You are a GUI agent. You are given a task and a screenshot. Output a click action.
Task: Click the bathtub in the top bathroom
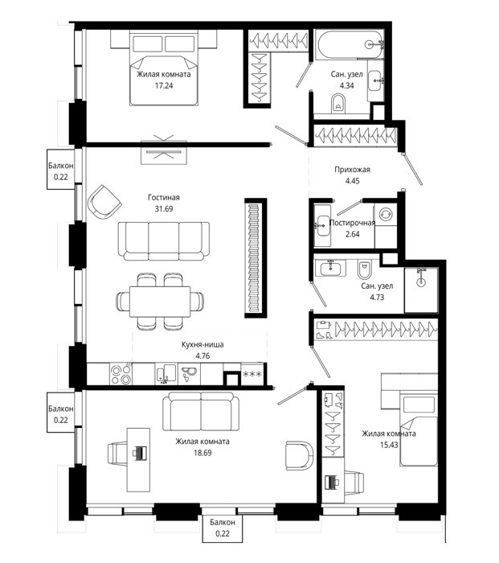(x=350, y=45)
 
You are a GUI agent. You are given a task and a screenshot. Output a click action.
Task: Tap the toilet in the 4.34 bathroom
(x=338, y=104)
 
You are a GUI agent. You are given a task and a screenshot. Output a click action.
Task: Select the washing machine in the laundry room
(x=385, y=215)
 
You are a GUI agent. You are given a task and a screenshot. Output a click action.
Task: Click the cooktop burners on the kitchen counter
(x=121, y=374)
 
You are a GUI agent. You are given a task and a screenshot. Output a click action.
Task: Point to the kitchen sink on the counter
(x=166, y=373)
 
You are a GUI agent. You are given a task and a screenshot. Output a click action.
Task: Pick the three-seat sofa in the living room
(x=164, y=240)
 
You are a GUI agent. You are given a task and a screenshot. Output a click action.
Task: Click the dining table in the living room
(x=160, y=302)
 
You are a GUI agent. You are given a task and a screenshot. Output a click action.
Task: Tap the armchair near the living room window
(x=104, y=203)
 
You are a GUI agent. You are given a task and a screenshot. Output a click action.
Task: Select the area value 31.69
(x=164, y=208)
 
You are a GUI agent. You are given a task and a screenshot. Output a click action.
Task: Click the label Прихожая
(x=352, y=170)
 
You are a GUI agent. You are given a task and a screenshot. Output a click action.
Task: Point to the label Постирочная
(x=352, y=223)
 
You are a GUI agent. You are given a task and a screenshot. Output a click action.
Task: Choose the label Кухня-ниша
(x=202, y=345)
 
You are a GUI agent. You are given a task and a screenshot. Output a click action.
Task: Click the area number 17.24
(x=164, y=85)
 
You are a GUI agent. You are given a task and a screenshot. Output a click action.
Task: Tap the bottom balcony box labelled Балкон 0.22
(x=223, y=528)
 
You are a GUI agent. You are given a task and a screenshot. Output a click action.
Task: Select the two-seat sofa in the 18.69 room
(x=201, y=411)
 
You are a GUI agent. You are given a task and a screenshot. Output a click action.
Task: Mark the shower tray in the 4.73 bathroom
(x=421, y=290)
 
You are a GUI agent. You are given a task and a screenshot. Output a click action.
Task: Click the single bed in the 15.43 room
(x=419, y=429)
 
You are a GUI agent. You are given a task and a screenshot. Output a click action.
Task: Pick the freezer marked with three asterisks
(x=252, y=374)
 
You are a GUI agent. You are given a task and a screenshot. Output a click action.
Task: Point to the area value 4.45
(x=352, y=181)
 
